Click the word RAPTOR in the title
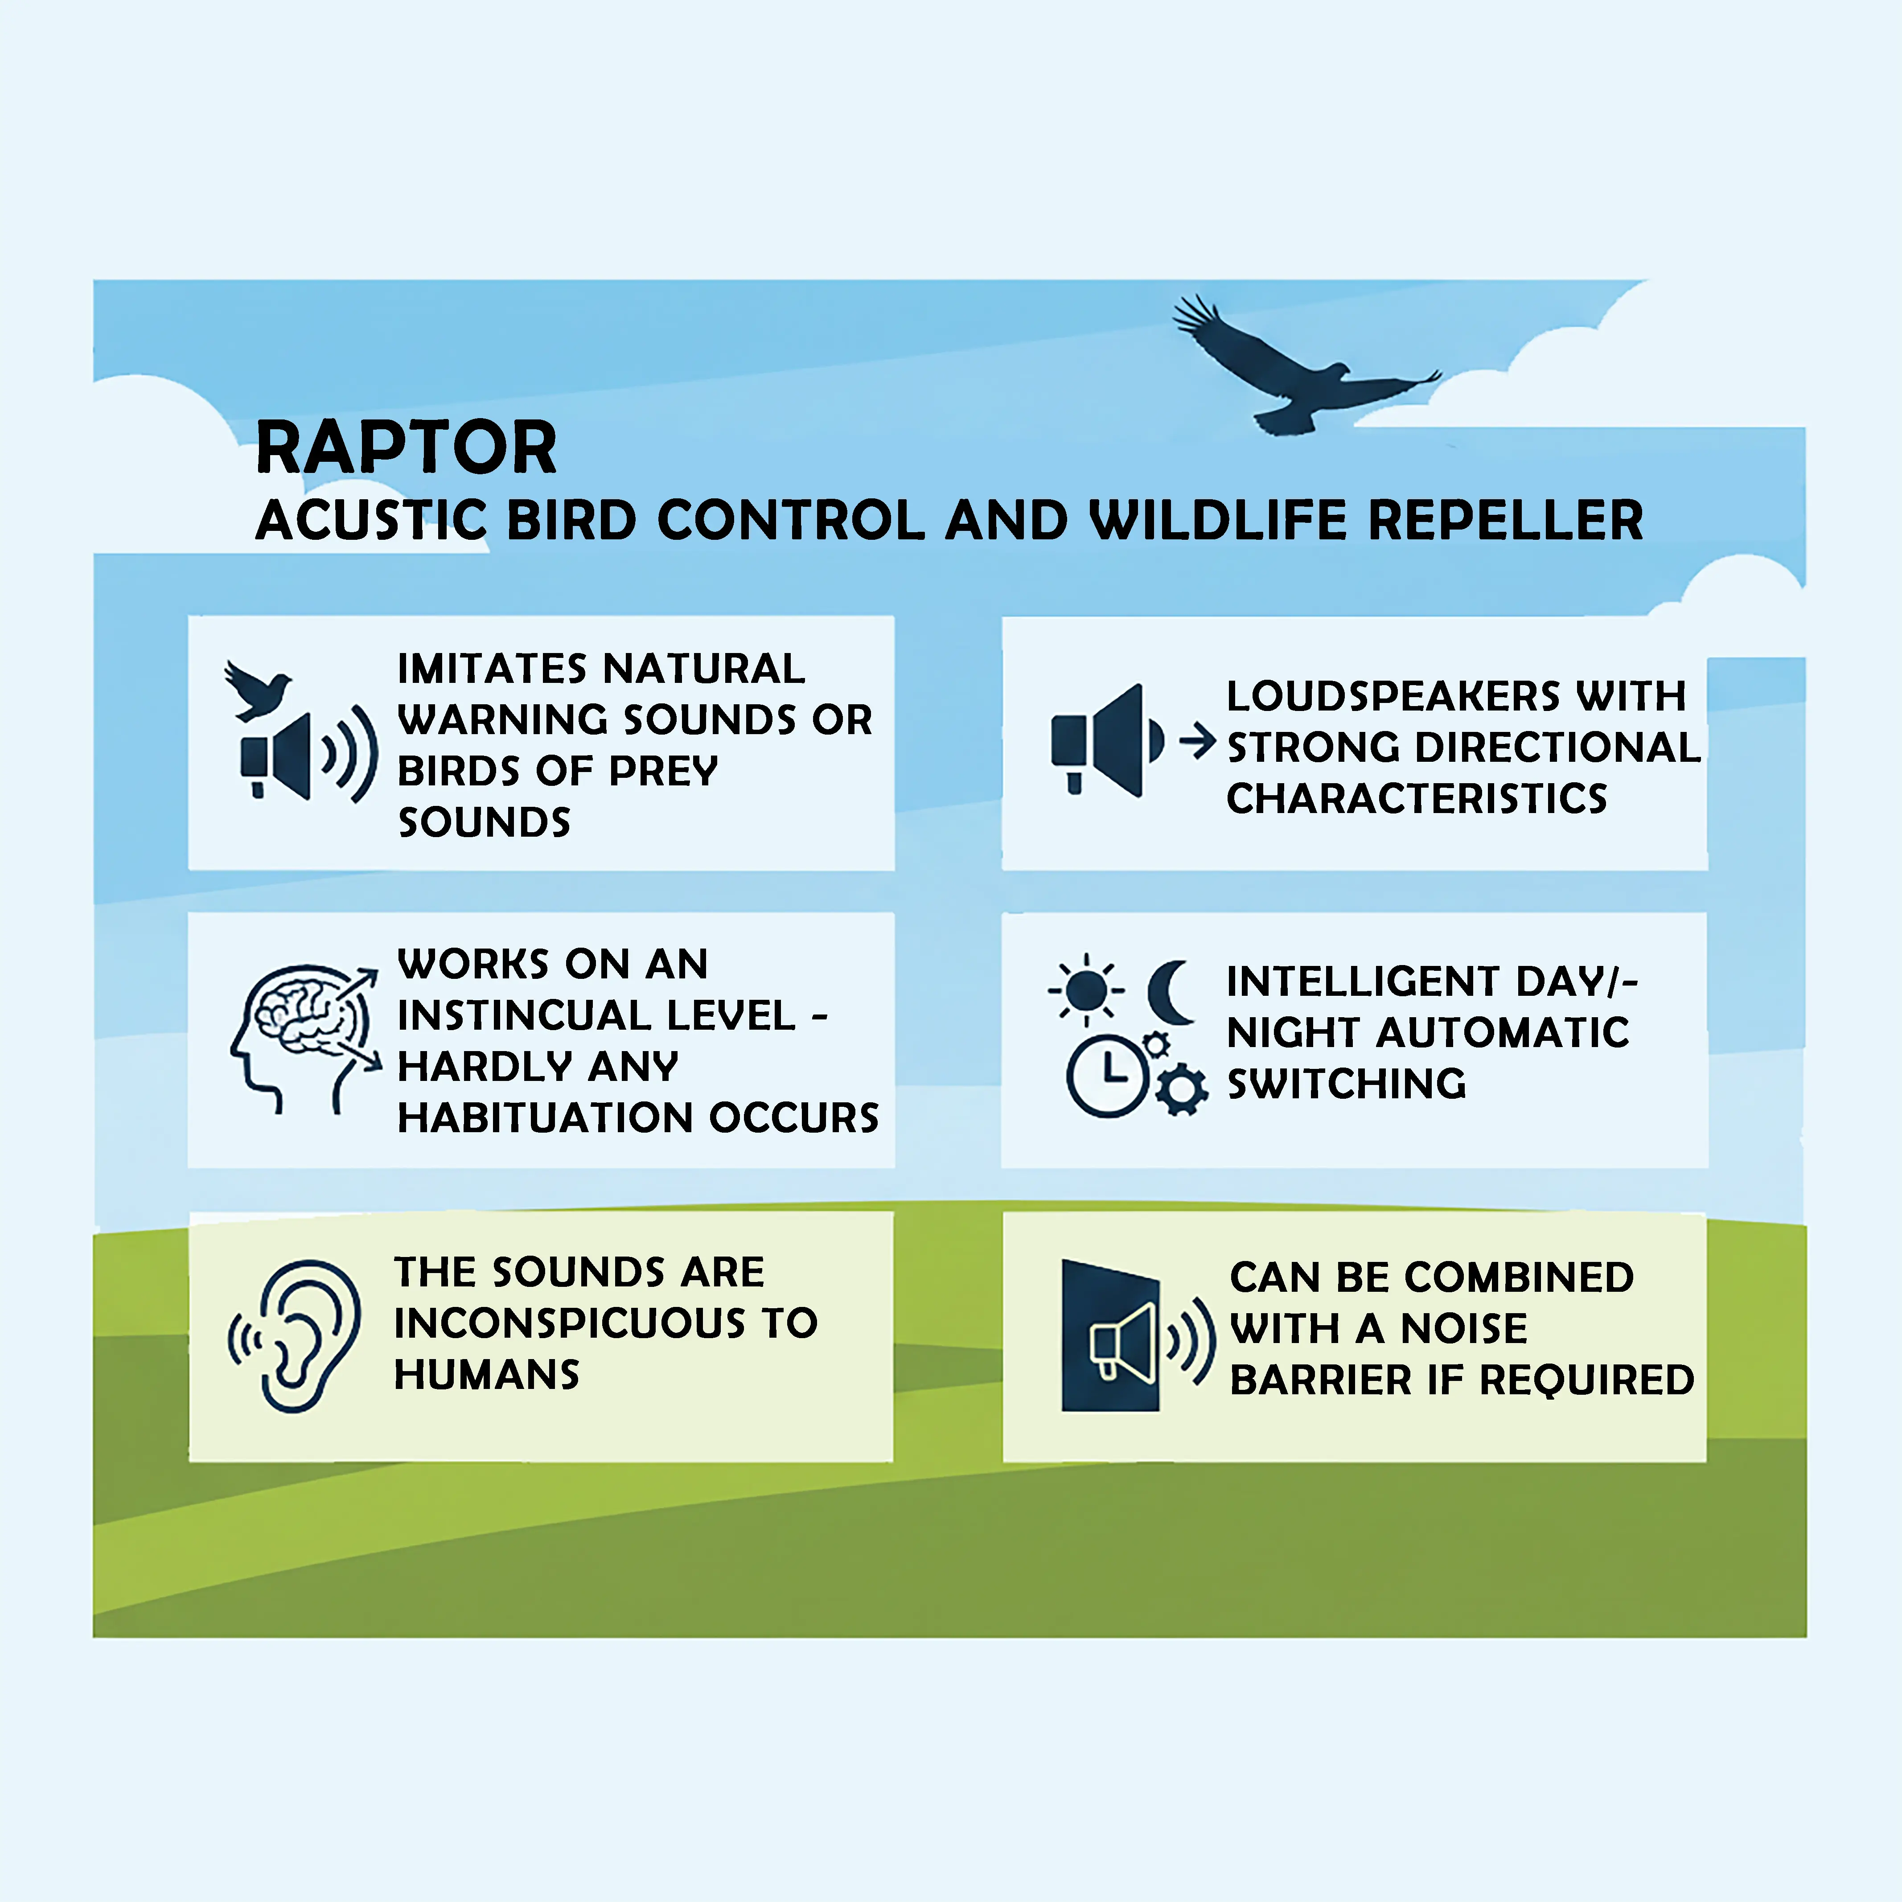coord(406,448)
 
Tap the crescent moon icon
coord(1171,992)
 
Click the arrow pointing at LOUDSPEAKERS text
coord(1197,740)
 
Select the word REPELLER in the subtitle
coord(1506,520)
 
